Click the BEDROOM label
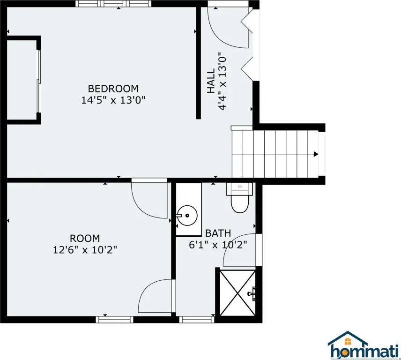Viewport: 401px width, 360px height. (x=113, y=89)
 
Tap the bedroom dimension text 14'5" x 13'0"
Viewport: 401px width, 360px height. (x=113, y=100)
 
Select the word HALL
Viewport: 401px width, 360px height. (x=211, y=81)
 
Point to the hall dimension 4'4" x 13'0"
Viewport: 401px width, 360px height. (x=222, y=82)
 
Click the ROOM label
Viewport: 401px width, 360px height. (x=85, y=239)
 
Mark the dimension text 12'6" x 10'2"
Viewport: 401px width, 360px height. (x=85, y=250)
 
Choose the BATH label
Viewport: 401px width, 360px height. (x=218, y=233)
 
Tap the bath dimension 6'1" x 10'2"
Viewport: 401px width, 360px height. (x=218, y=245)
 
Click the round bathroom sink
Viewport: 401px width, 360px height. (x=187, y=216)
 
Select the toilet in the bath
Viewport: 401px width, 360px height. (x=240, y=197)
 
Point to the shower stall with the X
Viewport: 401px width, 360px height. (x=238, y=293)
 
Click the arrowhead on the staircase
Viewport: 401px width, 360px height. (x=316, y=154)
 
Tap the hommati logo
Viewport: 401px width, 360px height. (x=363, y=345)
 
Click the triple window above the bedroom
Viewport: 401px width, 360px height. (x=113, y=4)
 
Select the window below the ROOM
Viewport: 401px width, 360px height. (x=115, y=320)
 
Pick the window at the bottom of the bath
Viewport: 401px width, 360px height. (x=197, y=320)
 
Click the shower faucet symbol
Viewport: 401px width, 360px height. (x=252, y=293)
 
